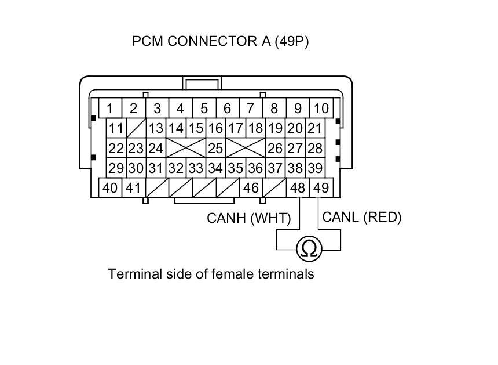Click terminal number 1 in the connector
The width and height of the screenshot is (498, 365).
(x=109, y=108)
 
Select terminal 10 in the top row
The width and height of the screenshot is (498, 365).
(x=321, y=108)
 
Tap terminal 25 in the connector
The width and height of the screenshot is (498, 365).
(x=215, y=148)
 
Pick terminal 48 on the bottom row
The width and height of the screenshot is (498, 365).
(x=298, y=188)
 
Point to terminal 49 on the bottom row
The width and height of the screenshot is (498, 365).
(x=320, y=188)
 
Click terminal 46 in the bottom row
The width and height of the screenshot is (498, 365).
(x=251, y=188)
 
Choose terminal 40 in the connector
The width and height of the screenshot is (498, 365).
(x=110, y=188)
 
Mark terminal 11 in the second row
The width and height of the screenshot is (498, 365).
(x=116, y=128)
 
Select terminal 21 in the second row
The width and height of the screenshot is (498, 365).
(x=314, y=128)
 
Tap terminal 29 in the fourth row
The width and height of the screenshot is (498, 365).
(x=116, y=168)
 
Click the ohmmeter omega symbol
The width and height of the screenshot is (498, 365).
(x=309, y=249)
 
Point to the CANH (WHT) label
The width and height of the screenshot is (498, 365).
(x=248, y=219)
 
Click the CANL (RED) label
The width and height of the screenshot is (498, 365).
(x=361, y=217)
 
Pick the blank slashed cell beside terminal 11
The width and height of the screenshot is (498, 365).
(x=136, y=128)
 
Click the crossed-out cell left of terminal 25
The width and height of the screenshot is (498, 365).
(x=186, y=148)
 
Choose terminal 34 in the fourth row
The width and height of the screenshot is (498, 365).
(x=215, y=168)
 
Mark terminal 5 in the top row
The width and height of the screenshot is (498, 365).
(x=204, y=108)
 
